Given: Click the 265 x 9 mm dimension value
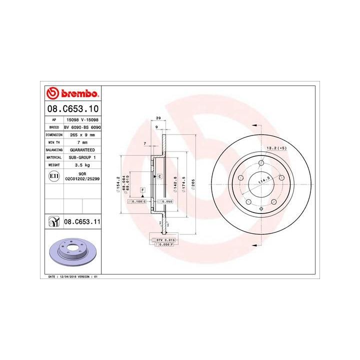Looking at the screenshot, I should (80, 135).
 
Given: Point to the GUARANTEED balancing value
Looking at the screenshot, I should (80, 149).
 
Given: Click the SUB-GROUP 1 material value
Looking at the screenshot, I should (80, 157).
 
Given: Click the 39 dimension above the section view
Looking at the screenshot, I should (158, 117).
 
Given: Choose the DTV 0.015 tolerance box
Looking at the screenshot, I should (164, 241).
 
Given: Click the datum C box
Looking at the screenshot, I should (159, 176).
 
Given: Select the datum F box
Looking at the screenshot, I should (142, 190).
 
